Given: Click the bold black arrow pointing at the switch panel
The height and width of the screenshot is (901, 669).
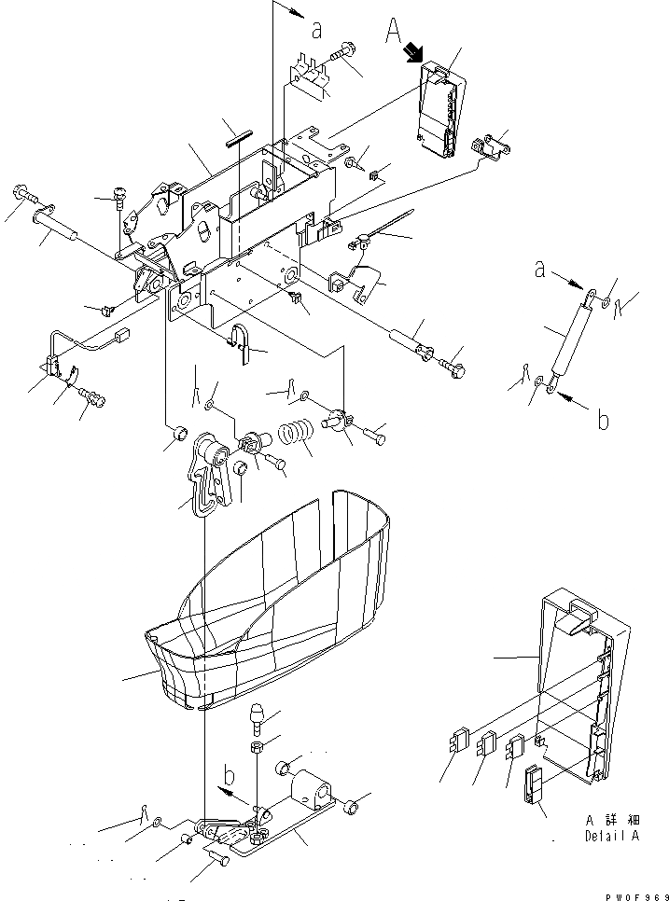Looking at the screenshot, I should pyautogui.click(x=413, y=57).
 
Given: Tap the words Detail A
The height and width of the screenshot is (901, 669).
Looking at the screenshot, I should pyautogui.click(x=612, y=836).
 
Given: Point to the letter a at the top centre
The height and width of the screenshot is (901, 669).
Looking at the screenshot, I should pyautogui.click(x=316, y=29).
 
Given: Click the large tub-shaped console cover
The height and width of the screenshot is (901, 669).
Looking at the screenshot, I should pyautogui.click(x=271, y=616).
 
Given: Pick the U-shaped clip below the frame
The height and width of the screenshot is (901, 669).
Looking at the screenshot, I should pyautogui.click(x=241, y=343).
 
